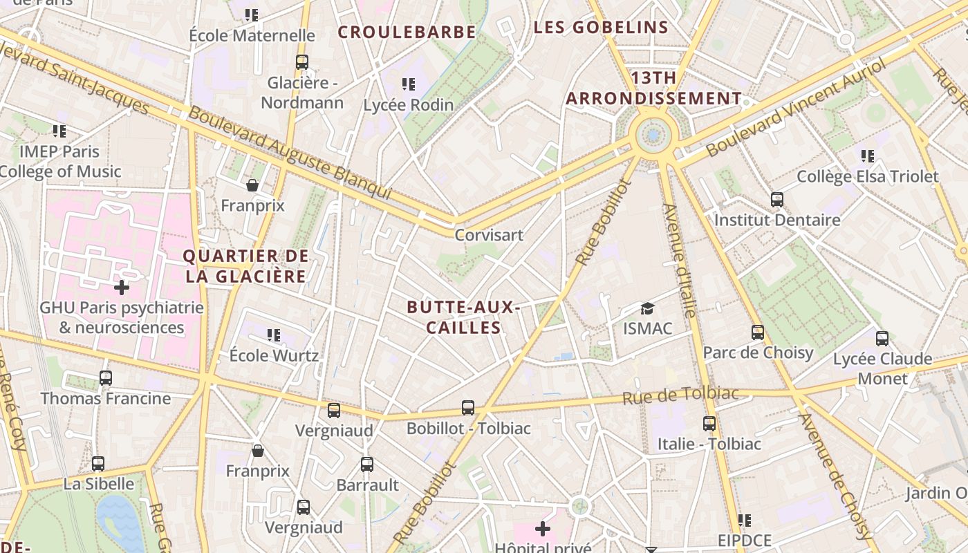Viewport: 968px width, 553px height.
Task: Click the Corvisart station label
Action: (x=489, y=235)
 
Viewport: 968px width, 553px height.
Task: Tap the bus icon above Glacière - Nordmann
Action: (x=301, y=62)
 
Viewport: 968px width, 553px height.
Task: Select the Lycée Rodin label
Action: (x=409, y=105)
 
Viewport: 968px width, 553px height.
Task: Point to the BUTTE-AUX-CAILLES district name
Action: (x=463, y=317)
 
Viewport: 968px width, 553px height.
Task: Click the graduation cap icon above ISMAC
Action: (x=647, y=308)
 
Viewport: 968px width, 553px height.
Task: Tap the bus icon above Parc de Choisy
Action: (x=758, y=332)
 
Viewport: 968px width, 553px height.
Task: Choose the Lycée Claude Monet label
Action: (x=882, y=368)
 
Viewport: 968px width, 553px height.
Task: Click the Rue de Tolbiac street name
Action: (x=680, y=395)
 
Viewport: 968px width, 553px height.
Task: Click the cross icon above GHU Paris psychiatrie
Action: (x=122, y=287)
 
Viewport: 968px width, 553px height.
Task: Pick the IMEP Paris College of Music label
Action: (x=60, y=161)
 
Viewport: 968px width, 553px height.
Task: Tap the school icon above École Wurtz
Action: (x=274, y=335)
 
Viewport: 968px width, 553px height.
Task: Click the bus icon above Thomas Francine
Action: (x=105, y=378)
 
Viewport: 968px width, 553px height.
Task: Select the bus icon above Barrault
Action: (x=367, y=464)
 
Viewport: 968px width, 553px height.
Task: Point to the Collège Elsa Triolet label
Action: (x=868, y=176)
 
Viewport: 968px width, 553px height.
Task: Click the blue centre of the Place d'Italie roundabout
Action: (x=653, y=135)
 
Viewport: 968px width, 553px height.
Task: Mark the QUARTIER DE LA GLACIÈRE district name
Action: (x=245, y=266)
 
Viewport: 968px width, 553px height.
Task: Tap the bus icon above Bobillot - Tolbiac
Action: (x=468, y=408)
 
